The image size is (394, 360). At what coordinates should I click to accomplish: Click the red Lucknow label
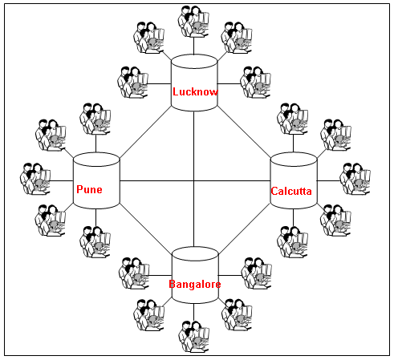[x=195, y=91]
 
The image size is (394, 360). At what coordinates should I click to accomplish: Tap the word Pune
[x=89, y=189]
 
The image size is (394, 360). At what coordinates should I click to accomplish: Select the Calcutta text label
[x=291, y=191]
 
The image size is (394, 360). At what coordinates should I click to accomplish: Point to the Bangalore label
[x=195, y=284]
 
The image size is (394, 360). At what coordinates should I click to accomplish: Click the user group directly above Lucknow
[x=193, y=21]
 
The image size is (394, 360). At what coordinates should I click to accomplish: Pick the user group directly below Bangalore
[x=193, y=337]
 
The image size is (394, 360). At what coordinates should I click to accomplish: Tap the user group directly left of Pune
[x=35, y=179]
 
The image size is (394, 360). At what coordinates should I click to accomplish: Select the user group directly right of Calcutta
[x=355, y=179]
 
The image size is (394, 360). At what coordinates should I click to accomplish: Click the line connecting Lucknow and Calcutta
[x=244, y=131]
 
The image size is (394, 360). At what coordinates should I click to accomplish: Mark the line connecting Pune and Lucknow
[x=145, y=132]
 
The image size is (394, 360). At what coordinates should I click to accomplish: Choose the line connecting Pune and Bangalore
[x=145, y=228]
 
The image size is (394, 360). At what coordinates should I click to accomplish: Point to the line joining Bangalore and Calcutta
[x=245, y=229]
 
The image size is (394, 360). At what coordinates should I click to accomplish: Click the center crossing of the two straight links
[x=193, y=181]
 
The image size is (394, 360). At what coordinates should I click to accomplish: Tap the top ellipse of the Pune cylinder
[x=96, y=160]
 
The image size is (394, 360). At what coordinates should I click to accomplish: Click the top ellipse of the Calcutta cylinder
[x=294, y=160]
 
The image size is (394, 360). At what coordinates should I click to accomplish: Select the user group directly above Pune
[x=95, y=119]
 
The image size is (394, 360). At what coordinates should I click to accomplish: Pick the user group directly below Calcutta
[x=292, y=242]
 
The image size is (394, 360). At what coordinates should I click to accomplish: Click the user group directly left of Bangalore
[x=134, y=273]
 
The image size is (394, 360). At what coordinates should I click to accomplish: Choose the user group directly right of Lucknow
[x=256, y=82]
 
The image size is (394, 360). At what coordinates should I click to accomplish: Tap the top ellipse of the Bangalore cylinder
[x=195, y=254]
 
